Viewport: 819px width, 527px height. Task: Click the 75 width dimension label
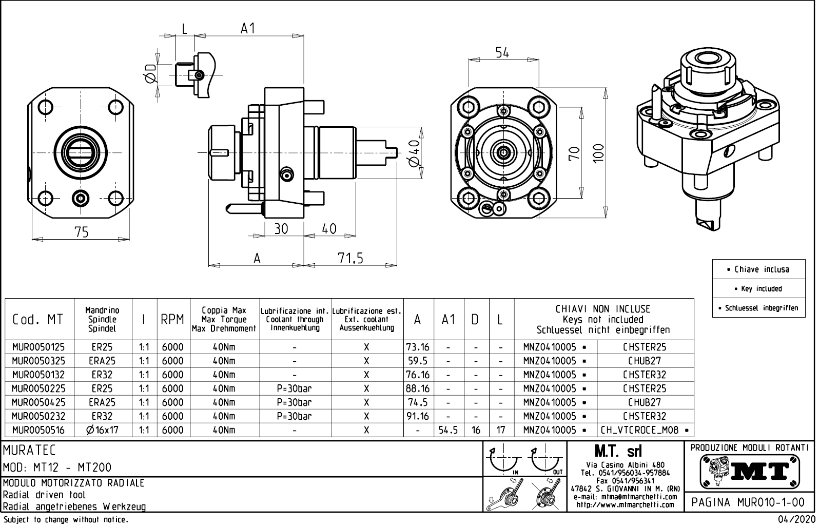[x=82, y=232]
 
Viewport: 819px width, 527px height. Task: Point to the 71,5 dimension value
[x=350, y=259]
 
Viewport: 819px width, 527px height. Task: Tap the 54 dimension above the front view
[x=502, y=52]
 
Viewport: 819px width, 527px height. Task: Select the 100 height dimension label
[x=598, y=153]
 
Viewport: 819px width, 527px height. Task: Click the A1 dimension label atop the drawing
[x=248, y=29]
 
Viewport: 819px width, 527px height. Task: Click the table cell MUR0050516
[x=39, y=430]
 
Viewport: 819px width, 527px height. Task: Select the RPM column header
[x=172, y=319]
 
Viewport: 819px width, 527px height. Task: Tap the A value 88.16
[x=418, y=388]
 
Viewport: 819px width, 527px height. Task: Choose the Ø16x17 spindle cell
[x=103, y=430]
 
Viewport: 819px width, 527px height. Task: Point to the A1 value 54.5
[x=449, y=430]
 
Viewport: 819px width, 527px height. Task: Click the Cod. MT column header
[x=38, y=319]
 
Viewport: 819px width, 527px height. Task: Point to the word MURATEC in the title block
[x=29, y=451]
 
